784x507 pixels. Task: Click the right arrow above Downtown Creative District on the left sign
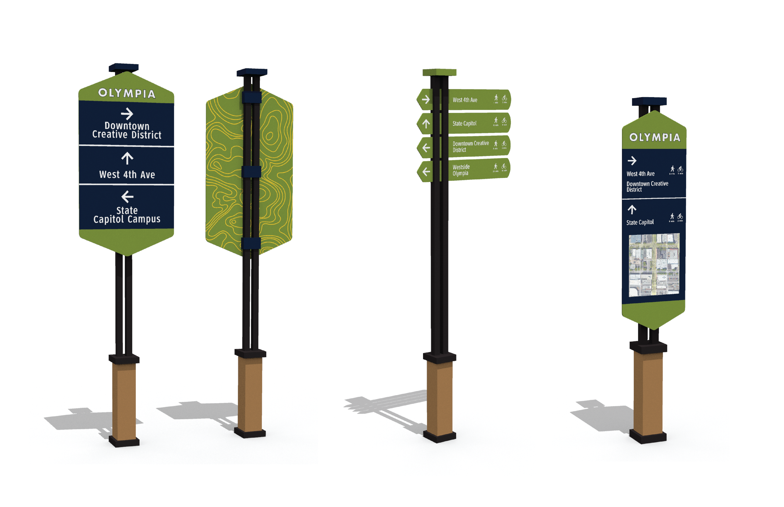pos(127,114)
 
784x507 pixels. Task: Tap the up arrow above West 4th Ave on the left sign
pos(127,158)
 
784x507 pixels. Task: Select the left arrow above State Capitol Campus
pos(127,197)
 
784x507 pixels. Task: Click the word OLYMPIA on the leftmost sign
pos(127,93)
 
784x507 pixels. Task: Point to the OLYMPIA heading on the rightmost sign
pos(654,137)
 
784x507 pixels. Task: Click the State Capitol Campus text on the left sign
pos(127,215)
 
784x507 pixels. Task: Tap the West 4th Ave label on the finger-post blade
pos(465,100)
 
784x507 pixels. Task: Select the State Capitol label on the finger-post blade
pos(464,123)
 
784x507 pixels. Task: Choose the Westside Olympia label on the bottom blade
pos(461,170)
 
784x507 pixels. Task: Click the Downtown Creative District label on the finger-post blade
pos(470,147)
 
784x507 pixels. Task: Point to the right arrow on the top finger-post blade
pos(426,99)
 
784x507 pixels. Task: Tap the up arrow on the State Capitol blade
pos(426,124)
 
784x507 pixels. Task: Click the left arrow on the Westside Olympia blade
pos(426,171)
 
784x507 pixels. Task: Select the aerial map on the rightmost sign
pos(654,265)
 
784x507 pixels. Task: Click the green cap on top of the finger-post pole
pos(439,72)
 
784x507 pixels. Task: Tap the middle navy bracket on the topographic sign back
pos(251,172)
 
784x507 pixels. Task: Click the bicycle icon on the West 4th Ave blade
pos(504,98)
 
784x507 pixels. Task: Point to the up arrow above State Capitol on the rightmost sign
pos(632,209)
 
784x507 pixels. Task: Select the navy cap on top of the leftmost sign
pos(124,67)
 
